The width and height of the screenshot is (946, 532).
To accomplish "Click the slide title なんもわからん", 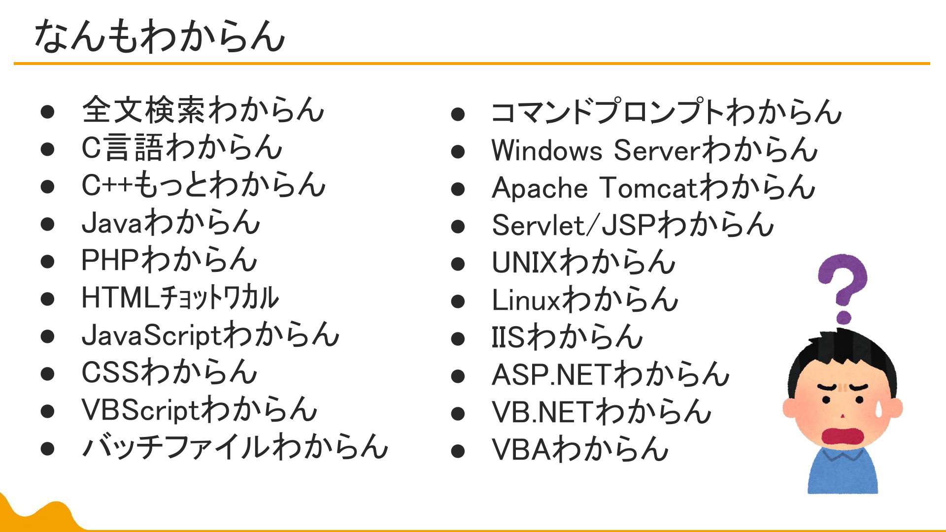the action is click(160, 36).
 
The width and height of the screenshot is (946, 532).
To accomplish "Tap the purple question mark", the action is click(843, 289).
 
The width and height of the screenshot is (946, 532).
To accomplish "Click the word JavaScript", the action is click(152, 336).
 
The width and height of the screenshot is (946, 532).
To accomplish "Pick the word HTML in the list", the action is click(120, 298).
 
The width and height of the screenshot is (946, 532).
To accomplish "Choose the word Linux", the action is click(526, 300).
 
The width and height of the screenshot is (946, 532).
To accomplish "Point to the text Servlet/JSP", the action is click(574, 225).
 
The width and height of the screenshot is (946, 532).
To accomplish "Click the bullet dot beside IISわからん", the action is click(458, 339).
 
